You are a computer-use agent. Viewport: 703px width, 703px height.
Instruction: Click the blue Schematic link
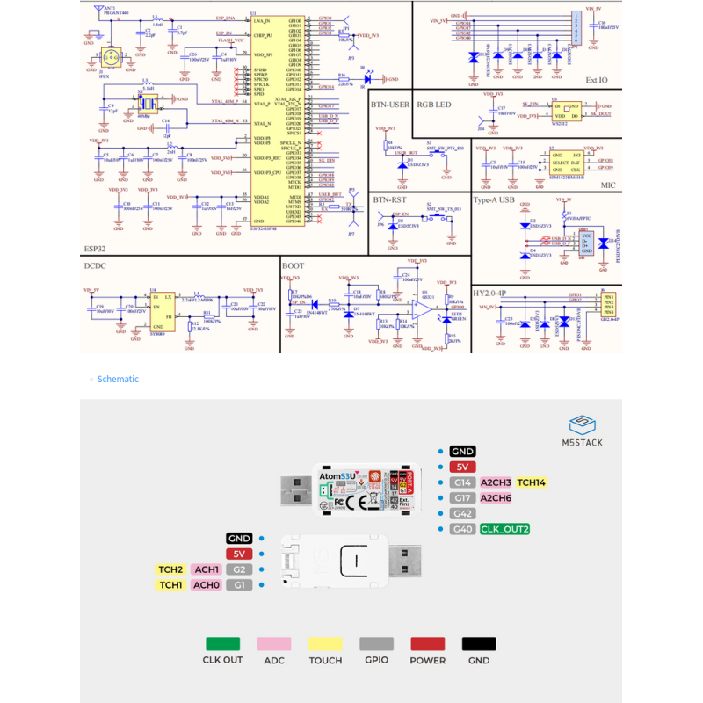(x=118, y=379)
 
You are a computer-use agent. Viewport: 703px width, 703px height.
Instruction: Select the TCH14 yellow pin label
(x=531, y=482)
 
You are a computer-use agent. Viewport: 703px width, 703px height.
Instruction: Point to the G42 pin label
(x=462, y=514)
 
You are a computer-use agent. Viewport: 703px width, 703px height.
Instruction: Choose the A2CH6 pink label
(x=496, y=498)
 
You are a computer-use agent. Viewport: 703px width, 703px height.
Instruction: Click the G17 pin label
(x=462, y=498)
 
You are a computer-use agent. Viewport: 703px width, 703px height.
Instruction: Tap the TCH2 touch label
(x=170, y=569)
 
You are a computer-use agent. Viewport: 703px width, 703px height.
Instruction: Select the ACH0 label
(x=206, y=585)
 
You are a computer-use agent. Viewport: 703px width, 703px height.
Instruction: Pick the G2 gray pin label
(x=239, y=569)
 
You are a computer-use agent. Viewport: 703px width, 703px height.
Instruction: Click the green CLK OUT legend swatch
(x=222, y=644)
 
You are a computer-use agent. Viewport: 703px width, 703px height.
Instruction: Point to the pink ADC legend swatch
(x=274, y=644)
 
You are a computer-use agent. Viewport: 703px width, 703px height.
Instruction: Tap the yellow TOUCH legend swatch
(x=325, y=644)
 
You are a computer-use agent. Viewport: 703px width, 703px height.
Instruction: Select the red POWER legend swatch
(x=428, y=644)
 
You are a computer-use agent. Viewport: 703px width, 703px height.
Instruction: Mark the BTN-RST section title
(x=390, y=199)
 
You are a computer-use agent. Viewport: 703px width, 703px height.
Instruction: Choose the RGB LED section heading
(x=433, y=104)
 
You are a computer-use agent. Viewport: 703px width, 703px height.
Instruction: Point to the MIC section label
(x=608, y=185)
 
